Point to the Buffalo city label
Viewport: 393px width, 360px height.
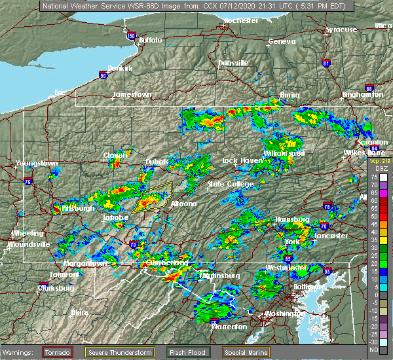click(x=150, y=41)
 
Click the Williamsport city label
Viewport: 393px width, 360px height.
click(x=284, y=153)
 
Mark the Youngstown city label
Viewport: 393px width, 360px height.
click(x=37, y=163)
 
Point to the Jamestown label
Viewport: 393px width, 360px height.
click(x=132, y=94)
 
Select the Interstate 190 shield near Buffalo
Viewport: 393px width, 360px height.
click(x=130, y=36)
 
